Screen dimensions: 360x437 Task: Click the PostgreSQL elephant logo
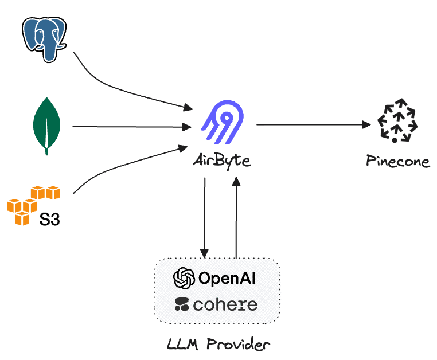44,38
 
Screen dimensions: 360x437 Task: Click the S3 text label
50,219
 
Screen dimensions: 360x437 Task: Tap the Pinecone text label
398,161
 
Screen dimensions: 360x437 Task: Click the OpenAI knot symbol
184,278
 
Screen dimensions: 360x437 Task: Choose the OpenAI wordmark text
227,279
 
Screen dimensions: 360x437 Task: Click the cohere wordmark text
225,304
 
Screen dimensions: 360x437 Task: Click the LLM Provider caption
218,345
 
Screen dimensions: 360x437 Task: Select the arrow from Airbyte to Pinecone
313,124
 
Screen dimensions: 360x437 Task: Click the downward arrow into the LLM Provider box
204,218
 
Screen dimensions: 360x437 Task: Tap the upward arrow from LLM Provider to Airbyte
236,218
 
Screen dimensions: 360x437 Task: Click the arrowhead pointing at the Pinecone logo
366,124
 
